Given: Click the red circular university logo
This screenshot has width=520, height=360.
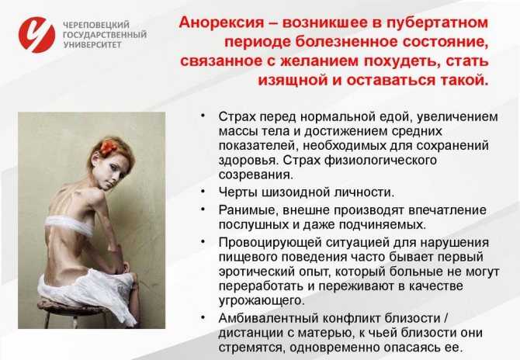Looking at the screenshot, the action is point(36,35).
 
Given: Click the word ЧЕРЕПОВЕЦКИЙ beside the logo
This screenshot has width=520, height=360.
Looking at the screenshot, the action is point(96,25).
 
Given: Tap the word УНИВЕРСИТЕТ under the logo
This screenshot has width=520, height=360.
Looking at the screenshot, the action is point(92,45).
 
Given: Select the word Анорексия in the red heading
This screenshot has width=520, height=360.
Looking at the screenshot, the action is point(221,22).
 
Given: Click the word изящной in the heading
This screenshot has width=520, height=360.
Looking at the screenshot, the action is point(293,81).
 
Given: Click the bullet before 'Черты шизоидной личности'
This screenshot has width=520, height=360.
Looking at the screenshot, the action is point(203,191).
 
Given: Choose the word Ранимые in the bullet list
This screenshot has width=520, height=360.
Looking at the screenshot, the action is point(246,210).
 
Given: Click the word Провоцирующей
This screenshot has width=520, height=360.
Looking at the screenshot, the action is point(268,243).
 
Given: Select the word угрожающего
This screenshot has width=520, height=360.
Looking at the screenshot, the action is point(262,301).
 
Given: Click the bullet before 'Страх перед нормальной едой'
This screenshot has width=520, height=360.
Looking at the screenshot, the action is point(203,115).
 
